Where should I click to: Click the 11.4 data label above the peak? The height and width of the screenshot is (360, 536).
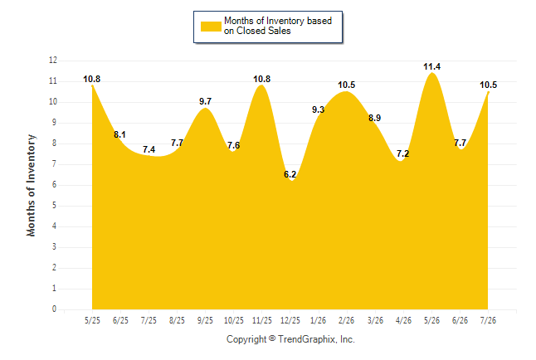pyautogui.click(x=431, y=66)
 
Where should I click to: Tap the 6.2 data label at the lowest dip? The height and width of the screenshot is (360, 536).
pyautogui.click(x=290, y=174)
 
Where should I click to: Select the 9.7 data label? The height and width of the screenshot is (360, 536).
pyautogui.click(x=205, y=101)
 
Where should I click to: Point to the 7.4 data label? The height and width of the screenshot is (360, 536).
pyautogui.click(x=149, y=149)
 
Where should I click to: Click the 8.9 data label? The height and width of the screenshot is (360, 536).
pyautogui.click(x=375, y=118)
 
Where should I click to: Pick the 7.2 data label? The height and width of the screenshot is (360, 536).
pyautogui.click(x=402, y=153)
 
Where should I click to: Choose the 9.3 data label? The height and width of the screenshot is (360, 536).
pyautogui.click(x=318, y=109)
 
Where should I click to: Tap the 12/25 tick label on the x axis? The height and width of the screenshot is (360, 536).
pyautogui.click(x=290, y=320)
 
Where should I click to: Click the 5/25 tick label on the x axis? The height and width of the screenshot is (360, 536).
pyautogui.click(x=92, y=320)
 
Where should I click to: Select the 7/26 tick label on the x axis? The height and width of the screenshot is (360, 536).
pyautogui.click(x=488, y=320)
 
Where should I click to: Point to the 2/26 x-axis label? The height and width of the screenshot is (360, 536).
pyautogui.click(x=346, y=320)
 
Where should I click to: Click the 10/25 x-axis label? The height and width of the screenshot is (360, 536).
pyautogui.click(x=233, y=320)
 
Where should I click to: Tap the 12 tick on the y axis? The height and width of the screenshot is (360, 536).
pyautogui.click(x=53, y=61)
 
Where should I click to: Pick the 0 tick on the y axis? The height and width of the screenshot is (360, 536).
pyautogui.click(x=54, y=309)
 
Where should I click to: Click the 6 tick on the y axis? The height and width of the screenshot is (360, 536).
pyautogui.click(x=54, y=185)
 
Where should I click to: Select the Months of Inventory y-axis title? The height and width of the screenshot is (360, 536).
pyautogui.click(x=31, y=185)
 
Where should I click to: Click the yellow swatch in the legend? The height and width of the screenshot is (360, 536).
pyautogui.click(x=211, y=27)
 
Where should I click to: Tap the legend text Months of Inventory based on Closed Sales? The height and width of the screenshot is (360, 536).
pyautogui.click(x=278, y=26)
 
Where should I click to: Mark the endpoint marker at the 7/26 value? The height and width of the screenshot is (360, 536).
pyautogui.click(x=488, y=92)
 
